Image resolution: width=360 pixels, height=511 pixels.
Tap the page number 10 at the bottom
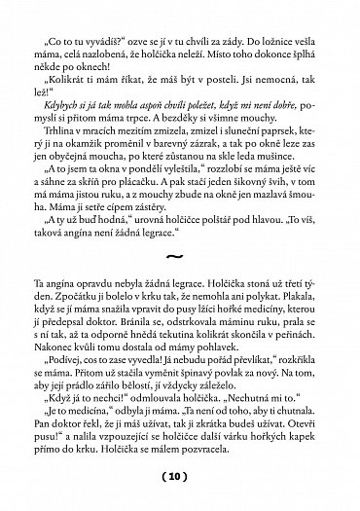(x=180, y=479)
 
